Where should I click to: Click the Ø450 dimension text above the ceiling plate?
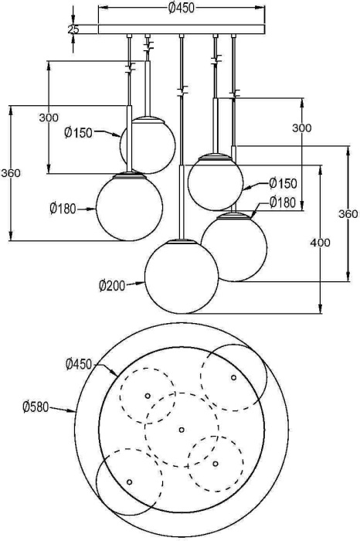[181, 9]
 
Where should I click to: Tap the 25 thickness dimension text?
[73, 29]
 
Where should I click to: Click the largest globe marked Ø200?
[182, 277]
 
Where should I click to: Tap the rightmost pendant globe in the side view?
[235, 247]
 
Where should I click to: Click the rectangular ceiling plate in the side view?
[182, 29]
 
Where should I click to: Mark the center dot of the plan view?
[182, 429]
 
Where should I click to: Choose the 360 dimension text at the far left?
[11, 173]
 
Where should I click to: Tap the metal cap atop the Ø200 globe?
[182, 242]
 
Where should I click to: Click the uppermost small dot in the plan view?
[233, 377]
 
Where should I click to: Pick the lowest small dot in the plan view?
[129, 481]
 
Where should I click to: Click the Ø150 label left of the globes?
[78, 133]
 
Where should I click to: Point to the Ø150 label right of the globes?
[283, 183]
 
